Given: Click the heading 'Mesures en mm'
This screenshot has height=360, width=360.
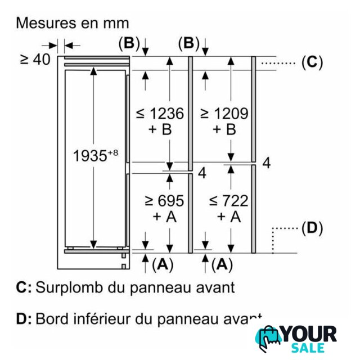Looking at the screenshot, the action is pos(73,23).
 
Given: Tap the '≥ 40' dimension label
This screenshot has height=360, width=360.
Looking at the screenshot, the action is pos(35,60).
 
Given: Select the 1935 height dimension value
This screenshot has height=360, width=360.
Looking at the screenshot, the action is pos(96,155).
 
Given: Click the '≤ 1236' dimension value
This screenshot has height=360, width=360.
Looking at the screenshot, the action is pos(160,113).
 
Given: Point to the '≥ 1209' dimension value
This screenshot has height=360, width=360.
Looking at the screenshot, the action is pos(224,113).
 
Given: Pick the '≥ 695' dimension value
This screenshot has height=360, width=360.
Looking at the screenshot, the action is pos(165,200).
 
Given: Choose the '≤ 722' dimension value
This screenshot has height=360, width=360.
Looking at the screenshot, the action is pos(229,200).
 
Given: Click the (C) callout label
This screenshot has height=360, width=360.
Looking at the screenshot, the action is pos(312,62).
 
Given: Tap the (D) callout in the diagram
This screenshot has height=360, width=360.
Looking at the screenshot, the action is pos(312,228).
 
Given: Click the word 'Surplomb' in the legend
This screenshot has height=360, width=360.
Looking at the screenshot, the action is pos(69,288).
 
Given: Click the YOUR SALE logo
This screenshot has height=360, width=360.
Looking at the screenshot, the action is pos(296,339).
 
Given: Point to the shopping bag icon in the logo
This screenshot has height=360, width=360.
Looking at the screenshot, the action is pos(268,338).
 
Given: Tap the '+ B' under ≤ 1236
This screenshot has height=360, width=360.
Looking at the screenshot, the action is pos(160,129).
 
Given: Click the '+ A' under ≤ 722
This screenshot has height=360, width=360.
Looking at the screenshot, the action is pos(229,216).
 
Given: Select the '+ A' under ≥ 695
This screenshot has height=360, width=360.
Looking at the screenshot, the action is pos(165,216).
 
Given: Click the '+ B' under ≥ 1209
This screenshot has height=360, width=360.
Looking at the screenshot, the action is pos(224,129).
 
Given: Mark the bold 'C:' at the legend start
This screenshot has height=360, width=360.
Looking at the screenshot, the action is pos(24,287).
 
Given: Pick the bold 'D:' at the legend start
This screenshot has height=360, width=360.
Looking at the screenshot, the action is pos(24,318).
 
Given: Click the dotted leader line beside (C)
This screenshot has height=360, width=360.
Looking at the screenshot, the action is pos(278,62).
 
